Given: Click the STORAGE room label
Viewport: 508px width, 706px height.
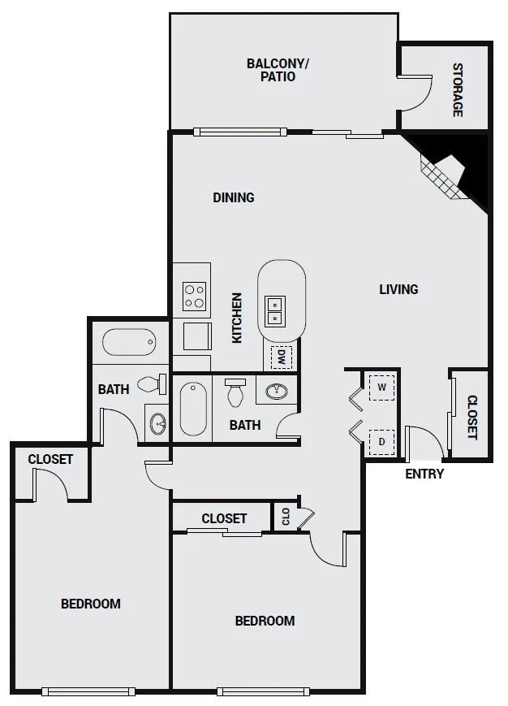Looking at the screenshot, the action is coord(458,90).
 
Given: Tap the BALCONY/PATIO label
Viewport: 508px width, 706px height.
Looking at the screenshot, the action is coord(278,70).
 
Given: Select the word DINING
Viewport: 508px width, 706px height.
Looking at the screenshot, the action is coord(234,197).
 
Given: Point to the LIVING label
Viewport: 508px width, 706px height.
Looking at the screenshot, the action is coord(398,289).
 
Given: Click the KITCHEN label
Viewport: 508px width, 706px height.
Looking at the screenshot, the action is coord(237,318).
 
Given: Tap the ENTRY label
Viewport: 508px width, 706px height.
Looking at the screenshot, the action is coord(424,474).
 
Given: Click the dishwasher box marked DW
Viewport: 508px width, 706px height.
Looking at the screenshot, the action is coord(282,357).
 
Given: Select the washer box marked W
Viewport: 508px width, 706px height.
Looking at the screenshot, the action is coord(381,388).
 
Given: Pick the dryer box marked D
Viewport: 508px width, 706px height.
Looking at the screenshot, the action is coord(381,442).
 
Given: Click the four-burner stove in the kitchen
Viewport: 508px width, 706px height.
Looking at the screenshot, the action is coord(195,296).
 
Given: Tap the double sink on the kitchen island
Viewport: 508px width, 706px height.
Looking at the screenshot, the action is coord(274,312).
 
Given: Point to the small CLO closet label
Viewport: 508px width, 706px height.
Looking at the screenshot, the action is coord(286,517).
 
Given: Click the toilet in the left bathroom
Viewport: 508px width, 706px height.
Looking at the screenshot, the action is coord(152,384).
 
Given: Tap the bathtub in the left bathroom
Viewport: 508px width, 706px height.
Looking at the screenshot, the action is coord(129,342).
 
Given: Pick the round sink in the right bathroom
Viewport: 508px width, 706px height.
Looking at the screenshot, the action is coord(278,391).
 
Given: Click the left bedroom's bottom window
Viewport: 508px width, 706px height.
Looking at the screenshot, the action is coord(88,691).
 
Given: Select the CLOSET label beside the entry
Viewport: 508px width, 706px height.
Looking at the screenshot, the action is coord(472,418).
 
